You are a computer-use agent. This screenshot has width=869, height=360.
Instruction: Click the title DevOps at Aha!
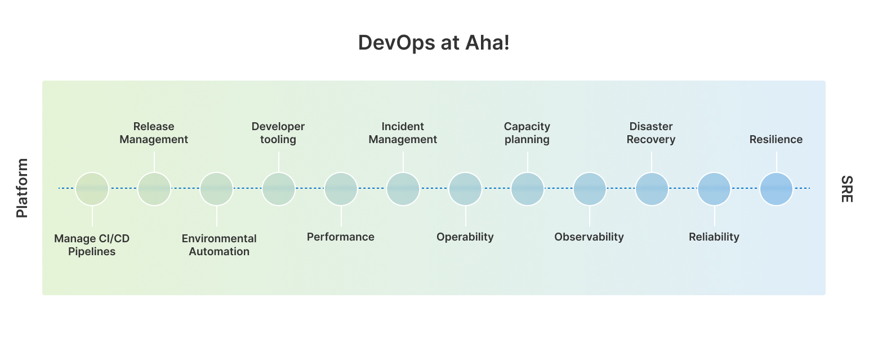pyautogui.click(x=434, y=43)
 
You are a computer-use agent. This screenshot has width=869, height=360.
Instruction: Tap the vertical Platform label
pyautogui.click(x=22, y=188)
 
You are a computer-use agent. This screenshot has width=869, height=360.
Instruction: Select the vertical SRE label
pyautogui.click(x=846, y=189)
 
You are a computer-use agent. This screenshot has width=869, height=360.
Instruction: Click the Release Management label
pyautogui.click(x=154, y=133)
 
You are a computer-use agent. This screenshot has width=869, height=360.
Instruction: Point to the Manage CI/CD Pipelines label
pyautogui.click(x=92, y=245)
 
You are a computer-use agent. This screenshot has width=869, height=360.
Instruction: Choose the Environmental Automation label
pyautogui.click(x=219, y=245)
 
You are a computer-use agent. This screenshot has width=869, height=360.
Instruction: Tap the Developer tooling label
pyautogui.click(x=278, y=133)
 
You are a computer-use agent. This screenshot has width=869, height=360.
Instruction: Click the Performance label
pyautogui.click(x=341, y=237)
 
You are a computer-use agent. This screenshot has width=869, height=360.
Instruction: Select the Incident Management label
pyautogui.click(x=403, y=133)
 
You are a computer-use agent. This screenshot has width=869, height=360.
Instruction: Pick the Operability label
pyautogui.click(x=465, y=237)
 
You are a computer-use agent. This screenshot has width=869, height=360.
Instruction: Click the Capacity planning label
pyautogui.click(x=527, y=133)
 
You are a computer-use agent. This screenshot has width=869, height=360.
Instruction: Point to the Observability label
pyautogui.click(x=589, y=237)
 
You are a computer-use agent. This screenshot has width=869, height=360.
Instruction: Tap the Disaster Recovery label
pyautogui.click(x=651, y=133)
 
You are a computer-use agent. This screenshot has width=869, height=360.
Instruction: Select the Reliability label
pyautogui.click(x=714, y=237)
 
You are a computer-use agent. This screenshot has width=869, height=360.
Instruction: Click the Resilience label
pyautogui.click(x=776, y=140)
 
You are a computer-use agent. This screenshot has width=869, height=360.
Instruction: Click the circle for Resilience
pyautogui.click(x=776, y=189)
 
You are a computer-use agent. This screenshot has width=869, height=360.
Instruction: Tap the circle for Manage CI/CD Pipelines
pyautogui.click(x=92, y=189)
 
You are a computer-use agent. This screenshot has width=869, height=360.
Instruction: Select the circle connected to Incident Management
pyautogui.click(x=403, y=189)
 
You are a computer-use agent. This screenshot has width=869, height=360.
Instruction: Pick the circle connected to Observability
pyautogui.click(x=590, y=189)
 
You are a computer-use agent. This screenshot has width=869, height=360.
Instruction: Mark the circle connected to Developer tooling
pyautogui.click(x=279, y=189)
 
